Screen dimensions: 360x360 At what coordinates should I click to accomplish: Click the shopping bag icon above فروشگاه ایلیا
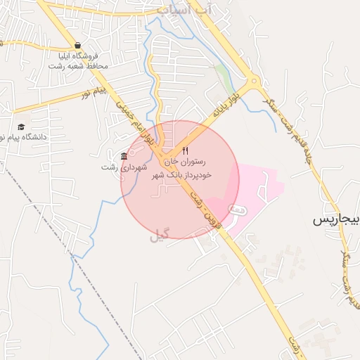77,45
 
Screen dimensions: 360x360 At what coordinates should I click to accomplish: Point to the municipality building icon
124,155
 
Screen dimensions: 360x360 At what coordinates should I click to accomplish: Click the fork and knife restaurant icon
186,151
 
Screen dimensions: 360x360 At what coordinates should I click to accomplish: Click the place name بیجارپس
336,220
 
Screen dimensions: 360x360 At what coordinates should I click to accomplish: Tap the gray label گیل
160,237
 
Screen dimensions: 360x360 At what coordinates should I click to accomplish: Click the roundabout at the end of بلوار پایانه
255,80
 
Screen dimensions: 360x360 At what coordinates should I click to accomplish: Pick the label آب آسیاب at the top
183,10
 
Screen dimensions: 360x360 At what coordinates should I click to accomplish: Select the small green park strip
223,75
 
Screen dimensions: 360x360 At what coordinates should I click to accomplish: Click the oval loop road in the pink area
238,209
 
